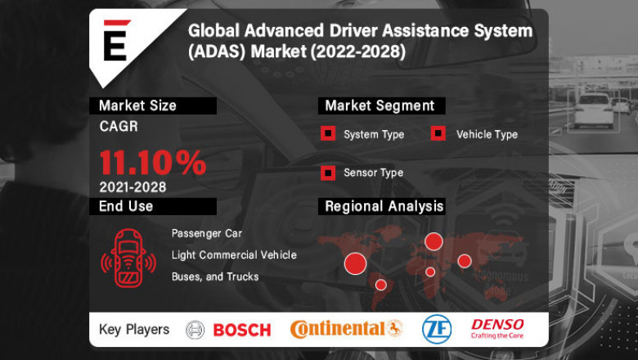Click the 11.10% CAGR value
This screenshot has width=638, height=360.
tap(153, 162)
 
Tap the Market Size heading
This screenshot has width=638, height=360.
tap(137, 106)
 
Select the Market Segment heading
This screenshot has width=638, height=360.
tap(380, 106)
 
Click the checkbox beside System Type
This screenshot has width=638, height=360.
tap(327, 134)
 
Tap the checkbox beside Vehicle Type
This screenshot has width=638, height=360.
tap(438, 134)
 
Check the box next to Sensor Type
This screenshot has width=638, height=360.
tap(327, 173)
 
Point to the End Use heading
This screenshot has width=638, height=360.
tap(126, 206)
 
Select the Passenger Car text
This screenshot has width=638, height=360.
tap(207, 234)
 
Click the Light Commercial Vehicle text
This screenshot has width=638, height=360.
tap(234, 255)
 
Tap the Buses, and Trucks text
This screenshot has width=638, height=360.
tap(215, 277)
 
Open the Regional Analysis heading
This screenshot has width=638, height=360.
tap(384, 206)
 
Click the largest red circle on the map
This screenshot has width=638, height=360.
tap(355, 263)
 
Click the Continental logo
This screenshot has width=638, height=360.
tap(347, 329)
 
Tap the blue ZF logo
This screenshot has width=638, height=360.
tap(436, 329)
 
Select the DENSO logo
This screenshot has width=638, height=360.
tap(498, 328)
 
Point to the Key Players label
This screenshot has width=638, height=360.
tap(134, 330)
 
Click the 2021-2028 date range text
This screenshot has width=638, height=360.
tap(133, 187)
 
